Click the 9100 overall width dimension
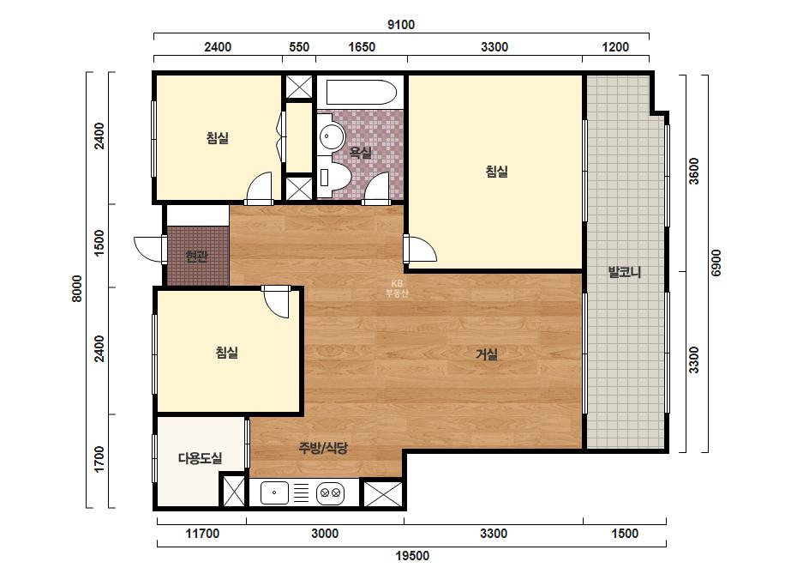coord(400,24)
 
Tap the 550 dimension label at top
coord(298,47)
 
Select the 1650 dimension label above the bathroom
coord(362,47)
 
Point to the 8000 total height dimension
coord(77,288)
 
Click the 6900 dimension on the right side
coord(716,263)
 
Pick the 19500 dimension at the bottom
coord(412,556)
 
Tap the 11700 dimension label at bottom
coord(202,534)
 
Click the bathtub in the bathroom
coord(361,92)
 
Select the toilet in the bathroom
coord(334,177)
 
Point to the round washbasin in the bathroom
coord(331,136)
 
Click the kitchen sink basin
coord(274,492)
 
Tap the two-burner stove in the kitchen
coord(331,492)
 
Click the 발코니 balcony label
coord(625,272)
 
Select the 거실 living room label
coord(487,354)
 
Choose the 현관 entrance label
coord(196,257)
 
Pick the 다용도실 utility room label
coord(201,458)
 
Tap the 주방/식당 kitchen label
coord(323,448)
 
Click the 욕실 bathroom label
coord(361,152)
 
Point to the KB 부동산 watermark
coord(397,288)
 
